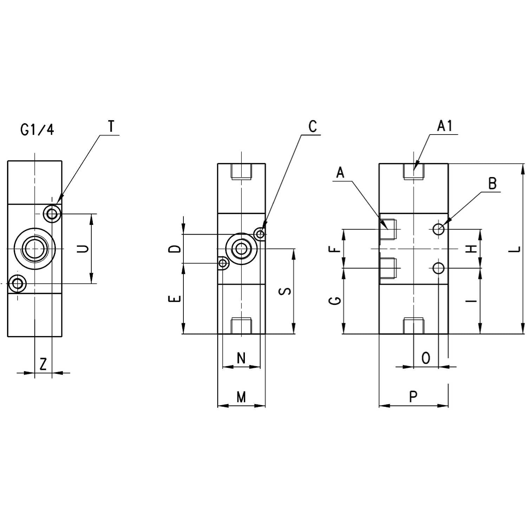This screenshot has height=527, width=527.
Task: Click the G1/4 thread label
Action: coord(38,130)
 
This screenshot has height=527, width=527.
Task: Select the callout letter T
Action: coord(111,126)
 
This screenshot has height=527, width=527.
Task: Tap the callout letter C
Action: coord(312,126)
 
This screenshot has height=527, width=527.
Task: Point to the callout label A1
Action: coord(445,126)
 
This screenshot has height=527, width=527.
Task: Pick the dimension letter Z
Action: coord(43,364)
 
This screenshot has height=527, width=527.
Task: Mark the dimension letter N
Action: coord(241,358)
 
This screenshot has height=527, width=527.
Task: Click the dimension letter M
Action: coord(241,397)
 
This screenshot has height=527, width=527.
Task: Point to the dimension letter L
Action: coord(515,249)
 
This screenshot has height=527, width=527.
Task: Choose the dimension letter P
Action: coord(413,397)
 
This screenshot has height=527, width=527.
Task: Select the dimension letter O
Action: coord(425,358)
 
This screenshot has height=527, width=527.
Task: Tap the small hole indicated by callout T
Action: coord(52,213)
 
